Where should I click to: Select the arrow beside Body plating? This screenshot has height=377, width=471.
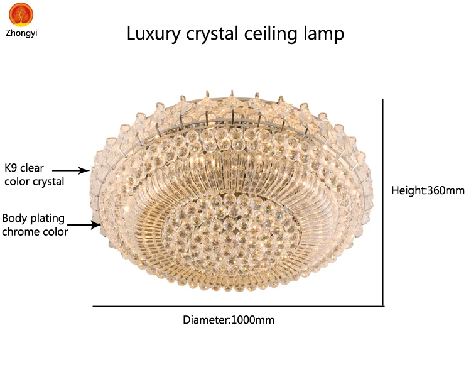tap(83, 224)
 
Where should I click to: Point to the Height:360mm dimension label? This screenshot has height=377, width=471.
tap(428, 190)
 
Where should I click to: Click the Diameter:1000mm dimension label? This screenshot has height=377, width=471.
tap(229, 320)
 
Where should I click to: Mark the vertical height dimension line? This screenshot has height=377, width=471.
tap(383, 201)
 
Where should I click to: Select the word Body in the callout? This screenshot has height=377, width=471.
tap(13, 219)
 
